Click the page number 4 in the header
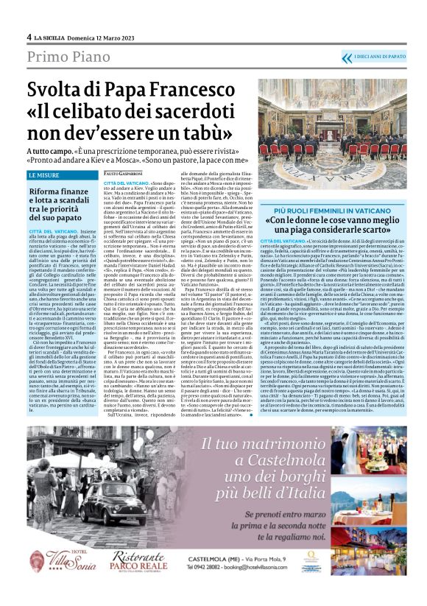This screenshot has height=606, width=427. (29, 37)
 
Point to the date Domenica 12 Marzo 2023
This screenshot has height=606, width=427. (107, 37)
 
